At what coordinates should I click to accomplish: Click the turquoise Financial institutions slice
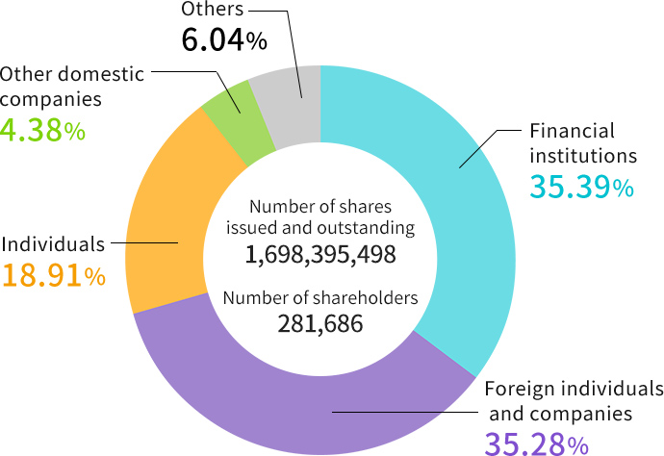click(452, 192)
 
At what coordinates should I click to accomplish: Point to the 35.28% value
click(536, 444)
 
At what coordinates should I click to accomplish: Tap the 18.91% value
click(54, 276)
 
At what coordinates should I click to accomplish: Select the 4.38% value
click(43, 130)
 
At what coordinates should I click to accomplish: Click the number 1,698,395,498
click(319, 256)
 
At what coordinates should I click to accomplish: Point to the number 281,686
click(319, 323)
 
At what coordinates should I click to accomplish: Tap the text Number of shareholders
click(319, 297)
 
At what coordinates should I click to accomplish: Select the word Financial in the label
click(572, 131)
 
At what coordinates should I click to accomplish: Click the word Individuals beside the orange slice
click(54, 243)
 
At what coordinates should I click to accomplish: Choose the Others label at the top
click(213, 11)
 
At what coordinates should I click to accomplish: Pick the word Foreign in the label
click(521, 389)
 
